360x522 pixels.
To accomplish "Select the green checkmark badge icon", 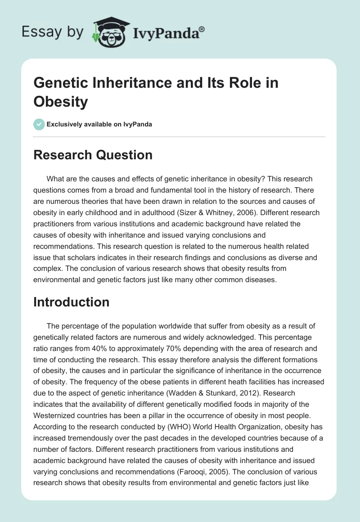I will (39, 124).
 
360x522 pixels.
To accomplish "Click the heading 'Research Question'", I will (93, 155).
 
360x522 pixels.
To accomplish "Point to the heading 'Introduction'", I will (71, 302).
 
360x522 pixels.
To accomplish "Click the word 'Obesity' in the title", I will (60, 102).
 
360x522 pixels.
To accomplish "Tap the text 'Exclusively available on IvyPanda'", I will (99, 124).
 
